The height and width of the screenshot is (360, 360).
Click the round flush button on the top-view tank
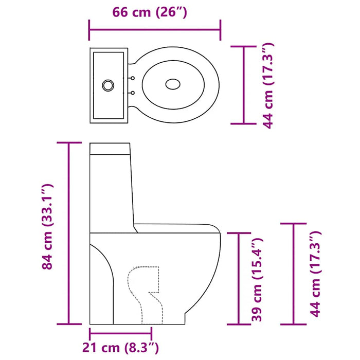(x=109, y=85)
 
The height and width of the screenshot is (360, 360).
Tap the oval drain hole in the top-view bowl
(x=173, y=84)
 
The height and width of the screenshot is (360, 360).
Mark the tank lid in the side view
(x=111, y=149)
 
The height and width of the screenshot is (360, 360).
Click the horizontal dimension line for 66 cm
(x=155, y=29)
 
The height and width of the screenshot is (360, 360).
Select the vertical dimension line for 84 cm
(x=68, y=232)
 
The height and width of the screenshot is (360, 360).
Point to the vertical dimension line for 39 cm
(x=239, y=278)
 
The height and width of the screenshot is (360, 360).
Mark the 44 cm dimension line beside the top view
(x=244, y=85)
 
